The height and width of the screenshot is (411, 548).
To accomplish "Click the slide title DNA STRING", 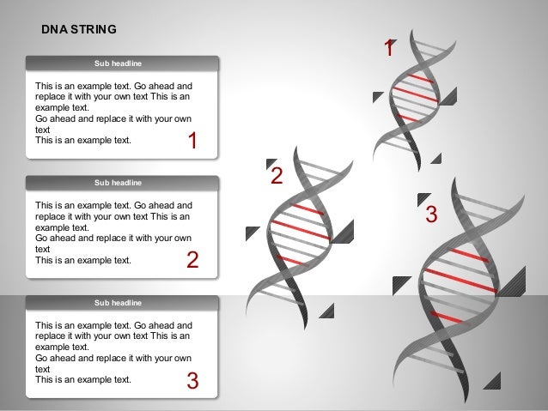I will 80,29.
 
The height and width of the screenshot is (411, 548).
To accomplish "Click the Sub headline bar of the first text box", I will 121,63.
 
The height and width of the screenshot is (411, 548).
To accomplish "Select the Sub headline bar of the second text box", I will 121,183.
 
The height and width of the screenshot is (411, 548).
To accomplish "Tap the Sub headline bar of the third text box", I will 121,302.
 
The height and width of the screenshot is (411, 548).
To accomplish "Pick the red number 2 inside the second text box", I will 192,261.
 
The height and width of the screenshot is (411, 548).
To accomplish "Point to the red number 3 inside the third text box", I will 192,380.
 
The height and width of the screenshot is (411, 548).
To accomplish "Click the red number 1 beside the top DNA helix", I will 388,50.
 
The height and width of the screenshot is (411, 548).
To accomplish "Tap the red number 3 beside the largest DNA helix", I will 431,215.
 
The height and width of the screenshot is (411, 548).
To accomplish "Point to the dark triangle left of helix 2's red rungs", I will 252,233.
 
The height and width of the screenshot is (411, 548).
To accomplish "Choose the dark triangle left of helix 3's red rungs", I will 400,284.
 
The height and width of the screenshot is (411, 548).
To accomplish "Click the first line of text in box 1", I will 113,87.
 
